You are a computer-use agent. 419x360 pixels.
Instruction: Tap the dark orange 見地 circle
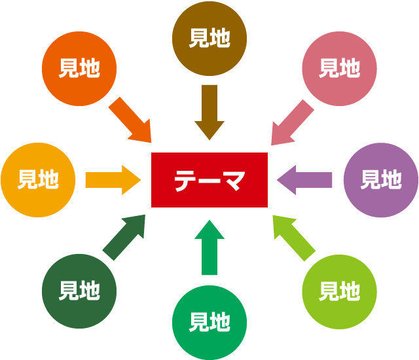(x=79, y=68)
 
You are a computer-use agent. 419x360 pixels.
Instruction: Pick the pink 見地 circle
(x=340, y=68)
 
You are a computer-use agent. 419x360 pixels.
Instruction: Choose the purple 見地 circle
(x=380, y=179)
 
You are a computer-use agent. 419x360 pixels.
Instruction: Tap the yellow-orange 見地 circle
(x=37, y=179)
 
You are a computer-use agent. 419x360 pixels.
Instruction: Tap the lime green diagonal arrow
(x=293, y=236)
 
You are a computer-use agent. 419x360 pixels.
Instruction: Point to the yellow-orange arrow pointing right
(x=113, y=179)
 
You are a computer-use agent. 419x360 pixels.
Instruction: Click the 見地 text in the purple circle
(x=380, y=179)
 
